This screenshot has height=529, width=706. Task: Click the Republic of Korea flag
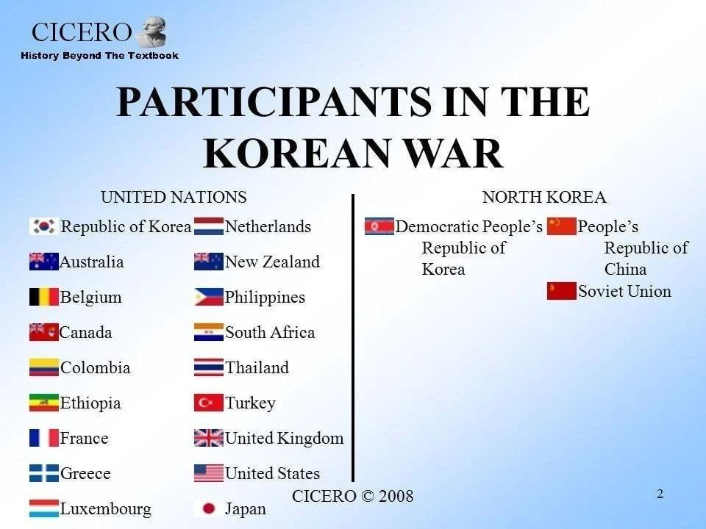pyautogui.click(x=43, y=226)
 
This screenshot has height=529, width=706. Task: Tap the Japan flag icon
pyautogui.click(x=208, y=508)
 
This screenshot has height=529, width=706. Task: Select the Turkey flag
pyautogui.click(x=208, y=403)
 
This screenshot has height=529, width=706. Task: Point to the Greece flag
pyautogui.click(x=43, y=473)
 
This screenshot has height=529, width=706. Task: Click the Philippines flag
pyautogui.click(x=208, y=297)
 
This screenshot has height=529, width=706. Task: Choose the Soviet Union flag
pyautogui.click(x=561, y=291)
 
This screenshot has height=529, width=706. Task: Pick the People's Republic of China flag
pyautogui.click(x=561, y=226)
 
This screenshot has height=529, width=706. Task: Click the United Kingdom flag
pyautogui.click(x=208, y=438)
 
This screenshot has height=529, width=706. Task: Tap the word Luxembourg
pyautogui.click(x=106, y=508)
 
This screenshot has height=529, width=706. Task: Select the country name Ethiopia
pyautogui.click(x=90, y=403)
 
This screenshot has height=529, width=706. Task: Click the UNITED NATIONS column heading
pyautogui.click(x=174, y=197)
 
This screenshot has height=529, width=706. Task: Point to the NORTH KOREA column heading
pyautogui.click(x=544, y=197)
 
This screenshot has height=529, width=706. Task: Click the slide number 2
pyautogui.click(x=660, y=494)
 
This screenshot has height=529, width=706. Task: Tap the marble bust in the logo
pyautogui.click(x=152, y=32)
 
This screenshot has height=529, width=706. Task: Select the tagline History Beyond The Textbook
pyautogui.click(x=99, y=56)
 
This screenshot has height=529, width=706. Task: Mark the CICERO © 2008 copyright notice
pyautogui.click(x=352, y=496)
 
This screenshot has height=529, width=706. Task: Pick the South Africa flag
pyautogui.click(x=208, y=332)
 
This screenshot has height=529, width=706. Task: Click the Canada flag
pyautogui.click(x=43, y=332)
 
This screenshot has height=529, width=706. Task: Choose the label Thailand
pyautogui.click(x=257, y=367)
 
